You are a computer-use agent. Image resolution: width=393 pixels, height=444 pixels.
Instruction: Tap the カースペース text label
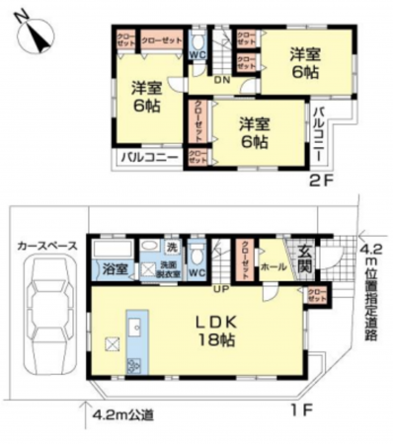point(46,242)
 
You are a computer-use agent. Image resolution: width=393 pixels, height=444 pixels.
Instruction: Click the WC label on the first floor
point(196,269)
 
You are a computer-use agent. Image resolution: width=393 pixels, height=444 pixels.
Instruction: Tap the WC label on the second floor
point(196,54)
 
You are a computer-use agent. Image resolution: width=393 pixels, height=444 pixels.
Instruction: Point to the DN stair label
point(224,80)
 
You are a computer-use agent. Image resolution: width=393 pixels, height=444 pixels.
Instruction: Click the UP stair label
point(224,289)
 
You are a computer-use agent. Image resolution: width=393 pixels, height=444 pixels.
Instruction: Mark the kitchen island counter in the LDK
point(134,339)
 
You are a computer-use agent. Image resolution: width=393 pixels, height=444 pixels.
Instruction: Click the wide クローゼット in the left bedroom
point(160,40)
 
